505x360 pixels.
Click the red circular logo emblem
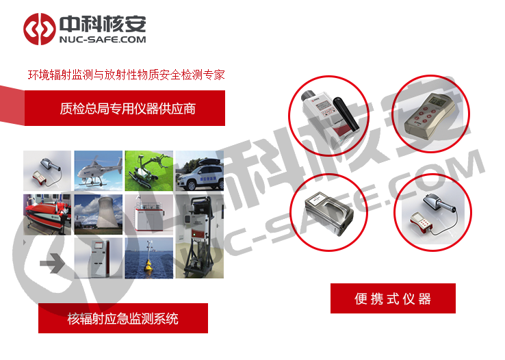39,29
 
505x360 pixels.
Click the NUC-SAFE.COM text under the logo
103,40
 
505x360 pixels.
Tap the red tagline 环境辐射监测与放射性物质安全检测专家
126,75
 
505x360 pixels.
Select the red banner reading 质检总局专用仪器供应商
125,108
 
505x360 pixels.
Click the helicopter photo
99,170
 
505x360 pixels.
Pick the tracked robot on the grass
148,170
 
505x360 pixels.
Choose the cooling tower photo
99,214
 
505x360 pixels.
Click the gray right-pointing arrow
52,263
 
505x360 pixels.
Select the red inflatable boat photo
47,214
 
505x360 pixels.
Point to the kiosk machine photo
99,258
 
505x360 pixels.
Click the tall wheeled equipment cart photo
200,236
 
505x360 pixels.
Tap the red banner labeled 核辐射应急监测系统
123,318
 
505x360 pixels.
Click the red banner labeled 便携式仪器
393,298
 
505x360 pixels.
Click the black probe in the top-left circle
346,114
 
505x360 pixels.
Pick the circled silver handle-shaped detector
328,213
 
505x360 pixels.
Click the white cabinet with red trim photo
148,214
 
